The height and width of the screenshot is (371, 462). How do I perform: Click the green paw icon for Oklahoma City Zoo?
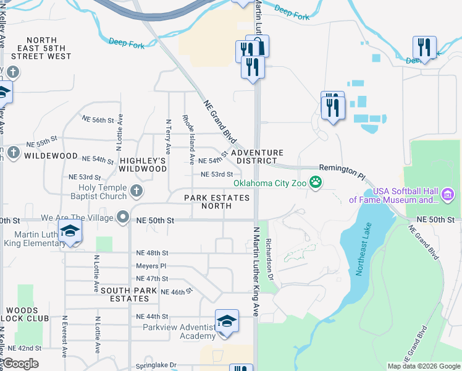tap(316, 182)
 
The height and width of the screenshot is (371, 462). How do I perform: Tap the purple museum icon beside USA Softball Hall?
tap(449, 195)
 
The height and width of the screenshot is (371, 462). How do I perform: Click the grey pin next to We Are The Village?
tap(124, 218)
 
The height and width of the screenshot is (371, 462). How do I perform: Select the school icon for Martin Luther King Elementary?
tap(70, 232)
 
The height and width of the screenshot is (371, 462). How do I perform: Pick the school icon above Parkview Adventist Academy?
tap(227, 322)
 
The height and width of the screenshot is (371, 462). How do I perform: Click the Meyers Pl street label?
tap(152, 266)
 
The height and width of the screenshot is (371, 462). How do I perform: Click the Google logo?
tap(21, 364)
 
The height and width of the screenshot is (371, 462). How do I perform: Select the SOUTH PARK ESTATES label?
tap(125, 294)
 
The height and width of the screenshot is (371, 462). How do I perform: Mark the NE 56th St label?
tap(99, 121)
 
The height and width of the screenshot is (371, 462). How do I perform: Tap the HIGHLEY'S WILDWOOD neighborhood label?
tap(143, 164)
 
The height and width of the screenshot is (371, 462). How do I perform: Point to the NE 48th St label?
tap(152, 253)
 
